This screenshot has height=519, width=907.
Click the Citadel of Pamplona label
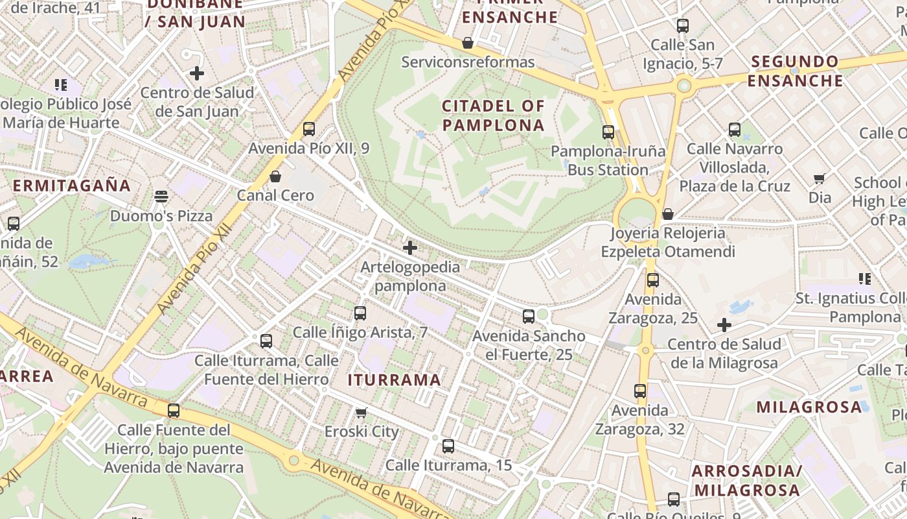click(x=493, y=115)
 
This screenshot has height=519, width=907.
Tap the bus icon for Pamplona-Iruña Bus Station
click(x=608, y=132)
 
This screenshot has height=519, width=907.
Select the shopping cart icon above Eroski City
click(x=362, y=413)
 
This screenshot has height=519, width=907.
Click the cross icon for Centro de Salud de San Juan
click(x=197, y=73)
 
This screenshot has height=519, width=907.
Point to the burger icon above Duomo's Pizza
click(x=161, y=196)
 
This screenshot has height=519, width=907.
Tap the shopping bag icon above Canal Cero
click(x=275, y=176)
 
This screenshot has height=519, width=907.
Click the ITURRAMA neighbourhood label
click(x=395, y=380)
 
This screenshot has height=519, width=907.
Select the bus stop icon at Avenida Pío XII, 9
click(x=309, y=129)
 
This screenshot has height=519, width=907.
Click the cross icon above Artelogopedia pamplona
click(x=409, y=248)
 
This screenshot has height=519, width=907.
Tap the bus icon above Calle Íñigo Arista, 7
click(x=360, y=313)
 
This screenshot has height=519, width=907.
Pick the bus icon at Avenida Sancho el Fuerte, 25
click(x=529, y=317)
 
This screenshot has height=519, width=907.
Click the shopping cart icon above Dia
click(x=820, y=178)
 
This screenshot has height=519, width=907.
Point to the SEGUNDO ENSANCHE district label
click(x=795, y=71)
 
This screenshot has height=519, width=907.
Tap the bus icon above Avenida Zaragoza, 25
click(x=652, y=280)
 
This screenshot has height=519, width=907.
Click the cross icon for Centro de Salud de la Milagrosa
click(x=724, y=325)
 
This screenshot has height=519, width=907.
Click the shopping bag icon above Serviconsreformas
click(x=468, y=43)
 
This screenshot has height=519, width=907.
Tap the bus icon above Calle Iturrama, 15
click(x=448, y=446)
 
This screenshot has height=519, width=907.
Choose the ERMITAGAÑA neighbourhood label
click(x=72, y=186)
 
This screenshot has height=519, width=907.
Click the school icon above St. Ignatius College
click(x=864, y=279)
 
